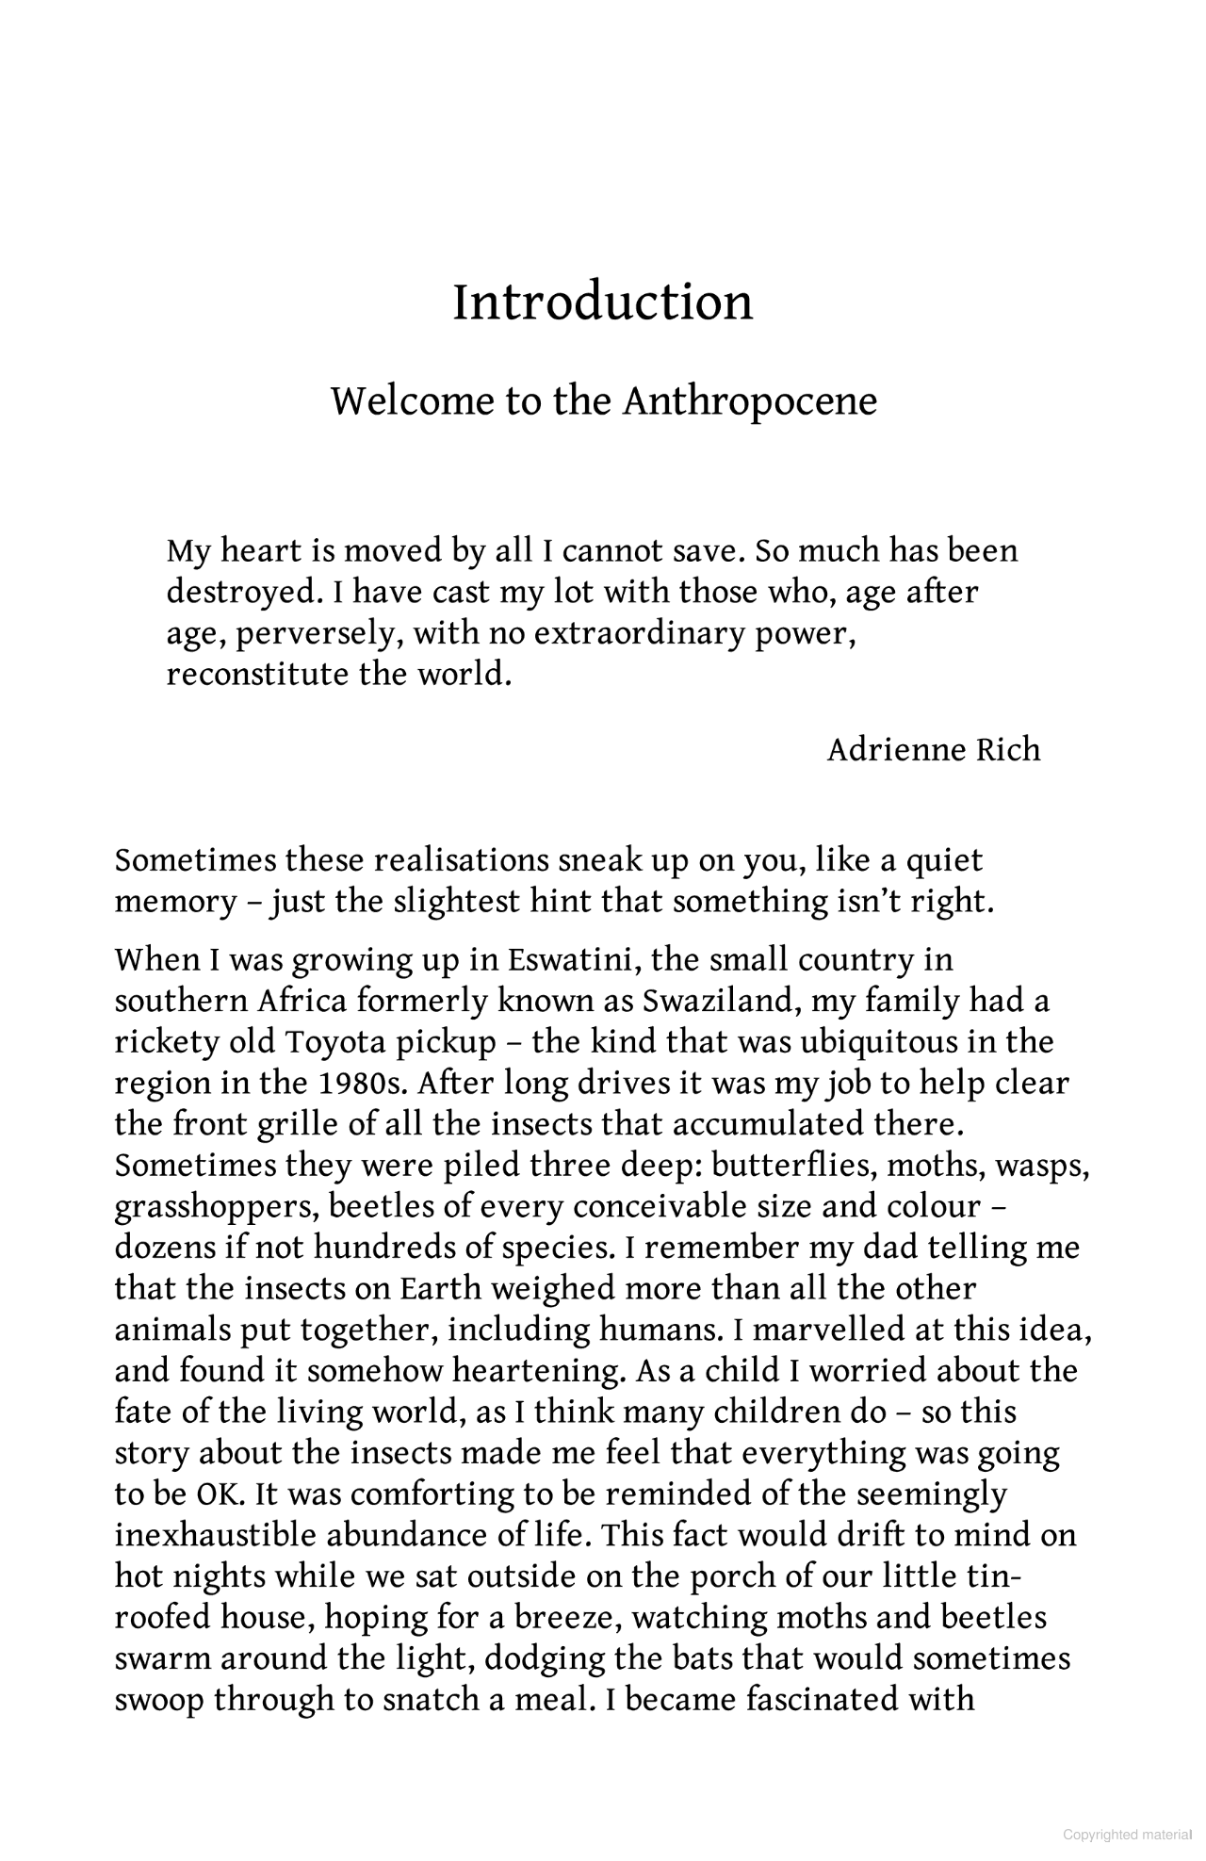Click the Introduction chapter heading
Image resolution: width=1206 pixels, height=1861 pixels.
click(x=603, y=302)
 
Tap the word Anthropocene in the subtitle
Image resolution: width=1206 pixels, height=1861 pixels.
click(x=749, y=401)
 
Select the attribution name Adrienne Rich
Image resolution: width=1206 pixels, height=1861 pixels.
click(x=934, y=750)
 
